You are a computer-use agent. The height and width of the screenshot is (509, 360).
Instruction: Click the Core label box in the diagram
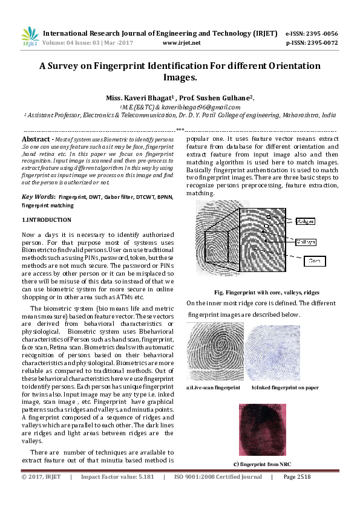[313, 261]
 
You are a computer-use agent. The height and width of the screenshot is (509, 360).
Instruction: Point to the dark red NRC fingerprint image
[261, 430]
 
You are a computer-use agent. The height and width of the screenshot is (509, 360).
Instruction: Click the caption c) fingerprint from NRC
[261, 464]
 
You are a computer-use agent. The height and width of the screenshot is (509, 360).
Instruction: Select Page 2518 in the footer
[296, 477]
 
